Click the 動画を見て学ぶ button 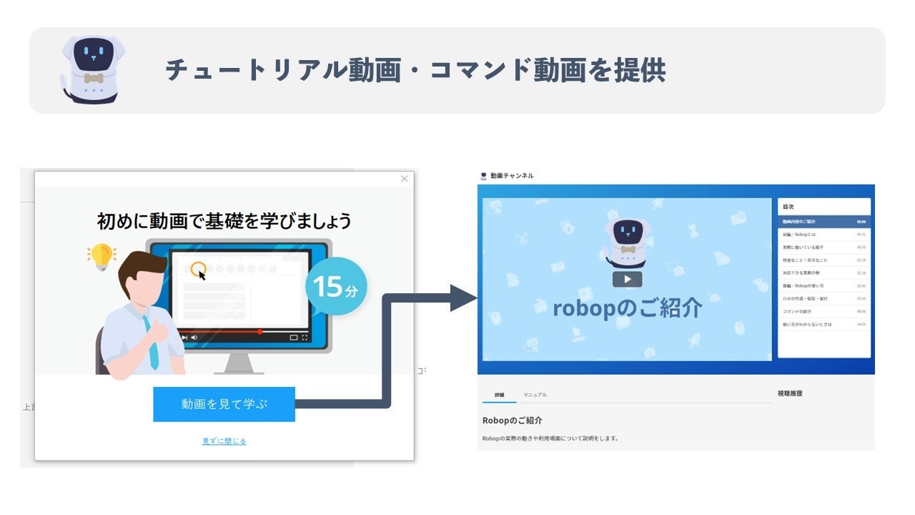coord(224,404)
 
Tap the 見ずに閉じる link coord(224,441)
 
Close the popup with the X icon coord(405,179)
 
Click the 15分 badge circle coord(336,286)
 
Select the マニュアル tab coord(535,395)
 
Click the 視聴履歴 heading coord(790,393)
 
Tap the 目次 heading coord(788,207)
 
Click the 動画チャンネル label coord(511,176)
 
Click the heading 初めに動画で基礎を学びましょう coord(224,221)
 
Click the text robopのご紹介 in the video coord(627,308)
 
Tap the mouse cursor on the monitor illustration coord(202,274)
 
